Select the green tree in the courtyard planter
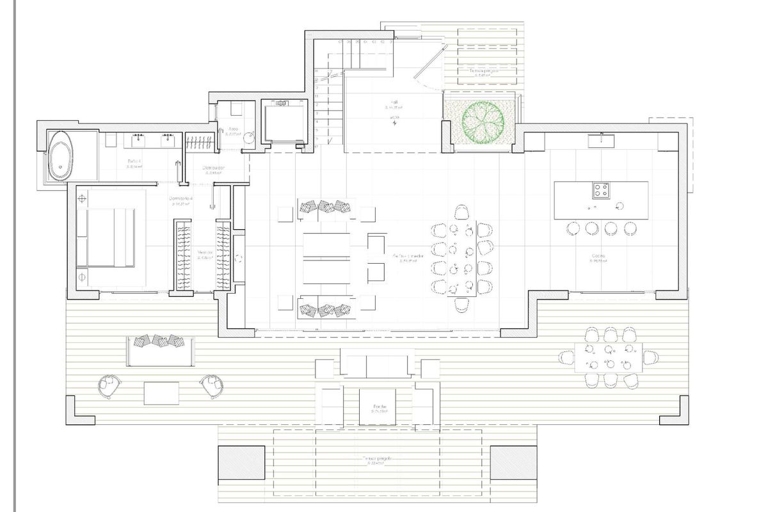[479, 120]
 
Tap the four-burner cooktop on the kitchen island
[600, 189]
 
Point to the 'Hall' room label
[394, 102]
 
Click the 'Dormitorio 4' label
[181, 198]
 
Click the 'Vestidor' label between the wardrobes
[204, 252]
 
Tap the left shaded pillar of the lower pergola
[241, 461]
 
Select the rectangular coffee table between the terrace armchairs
[161, 392]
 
